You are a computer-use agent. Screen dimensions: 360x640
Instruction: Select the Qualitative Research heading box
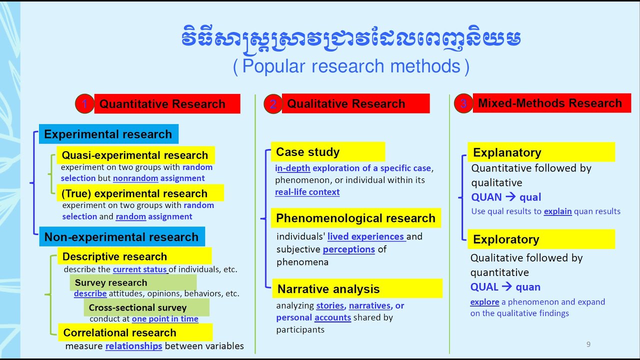coord(355,103)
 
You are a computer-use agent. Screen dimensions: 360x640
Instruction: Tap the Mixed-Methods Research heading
coord(551,103)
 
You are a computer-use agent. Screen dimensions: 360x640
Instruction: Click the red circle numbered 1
coord(85,104)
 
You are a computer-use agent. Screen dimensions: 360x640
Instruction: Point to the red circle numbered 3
coord(463,103)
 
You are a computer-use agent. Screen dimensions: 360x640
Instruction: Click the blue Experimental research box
coord(108,134)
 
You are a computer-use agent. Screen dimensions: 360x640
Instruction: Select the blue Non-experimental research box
coord(121,237)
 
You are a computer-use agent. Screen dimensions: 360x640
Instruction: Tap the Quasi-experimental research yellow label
coord(135,155)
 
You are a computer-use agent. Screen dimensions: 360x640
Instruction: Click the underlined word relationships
coord(133,346)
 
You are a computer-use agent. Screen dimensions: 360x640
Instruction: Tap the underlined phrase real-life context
coord(307,192)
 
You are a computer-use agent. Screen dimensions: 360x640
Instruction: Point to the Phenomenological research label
coord(356,218)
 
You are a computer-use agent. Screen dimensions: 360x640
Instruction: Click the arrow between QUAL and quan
coord(507,287)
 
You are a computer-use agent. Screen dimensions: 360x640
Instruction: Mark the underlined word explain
coord(557,211)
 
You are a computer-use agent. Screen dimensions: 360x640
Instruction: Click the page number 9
coord(588,344)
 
